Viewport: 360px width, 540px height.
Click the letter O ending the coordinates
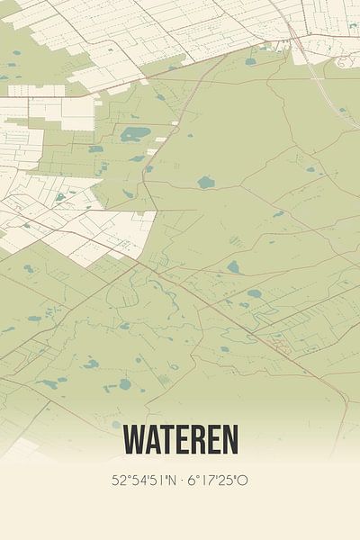(x=242, y=481)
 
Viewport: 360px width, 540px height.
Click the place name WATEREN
(x=181, y=440)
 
